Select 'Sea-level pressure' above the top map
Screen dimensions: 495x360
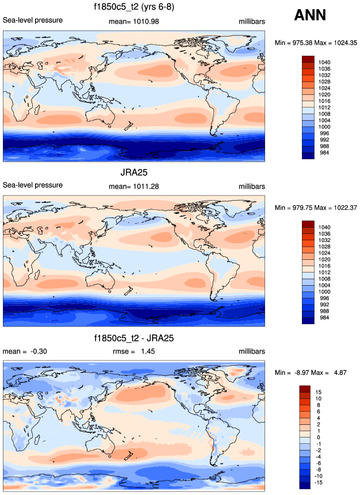pos(33,21)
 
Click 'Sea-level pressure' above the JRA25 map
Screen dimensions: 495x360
pos(33,185)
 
